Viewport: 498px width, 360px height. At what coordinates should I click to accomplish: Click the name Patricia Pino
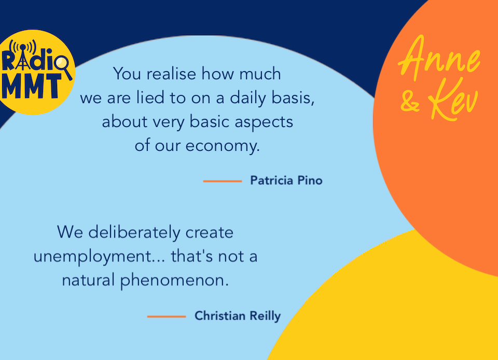point(286,181)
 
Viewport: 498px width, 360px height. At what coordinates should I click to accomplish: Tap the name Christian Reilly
point(238,316)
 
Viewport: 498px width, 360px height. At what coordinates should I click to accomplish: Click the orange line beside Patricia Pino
point(222,181)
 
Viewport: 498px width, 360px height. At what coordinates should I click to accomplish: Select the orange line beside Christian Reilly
point(166,316)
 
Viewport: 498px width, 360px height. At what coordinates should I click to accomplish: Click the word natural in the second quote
point(89,281)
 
